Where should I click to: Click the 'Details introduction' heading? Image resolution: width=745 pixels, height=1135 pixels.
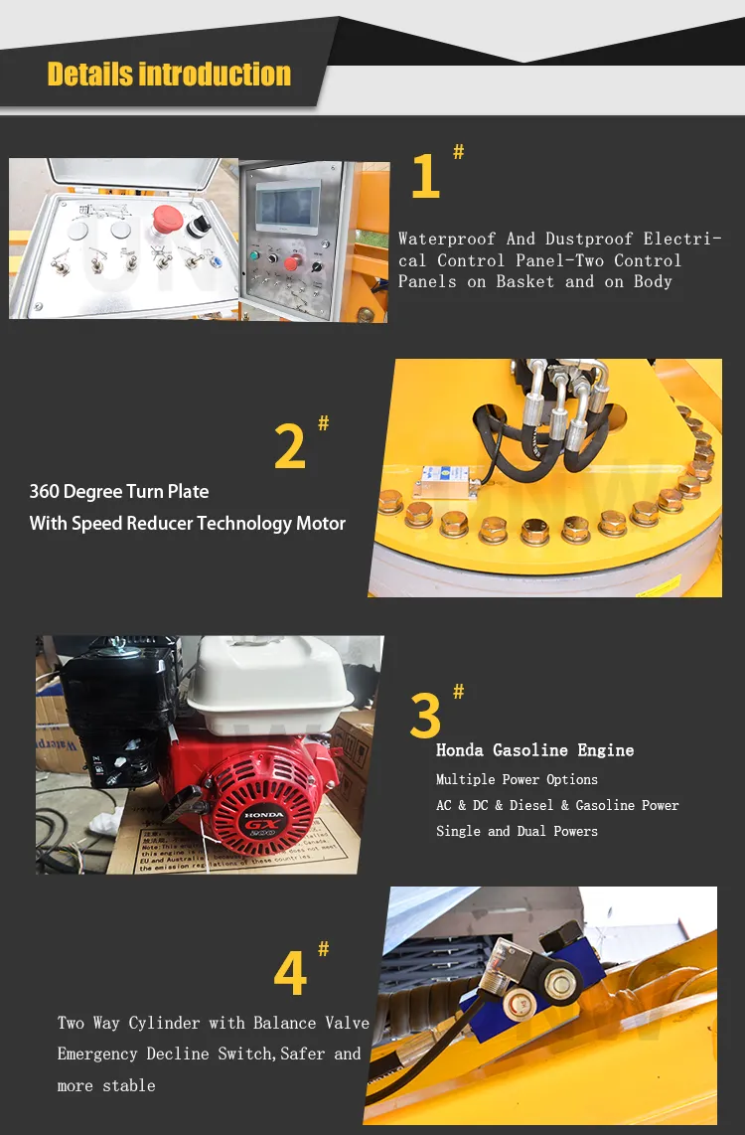coord(169,75)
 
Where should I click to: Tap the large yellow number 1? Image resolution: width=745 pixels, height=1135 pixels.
coord(425,177)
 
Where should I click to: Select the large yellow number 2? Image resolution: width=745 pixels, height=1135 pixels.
coord(290,447)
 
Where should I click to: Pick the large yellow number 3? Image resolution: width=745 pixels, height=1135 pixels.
coord(425,714)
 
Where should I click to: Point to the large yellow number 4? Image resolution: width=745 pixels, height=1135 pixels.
coord(290,974)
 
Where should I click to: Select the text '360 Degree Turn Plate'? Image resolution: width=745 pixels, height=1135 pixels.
coord(119,492)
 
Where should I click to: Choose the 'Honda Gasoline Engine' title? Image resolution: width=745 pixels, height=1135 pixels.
coord(534,750)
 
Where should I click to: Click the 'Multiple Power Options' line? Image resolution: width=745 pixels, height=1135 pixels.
coord(517,779)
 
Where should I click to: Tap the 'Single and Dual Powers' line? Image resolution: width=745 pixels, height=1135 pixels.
coord(517,831)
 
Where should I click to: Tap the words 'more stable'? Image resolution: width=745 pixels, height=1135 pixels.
coord(106,1085)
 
